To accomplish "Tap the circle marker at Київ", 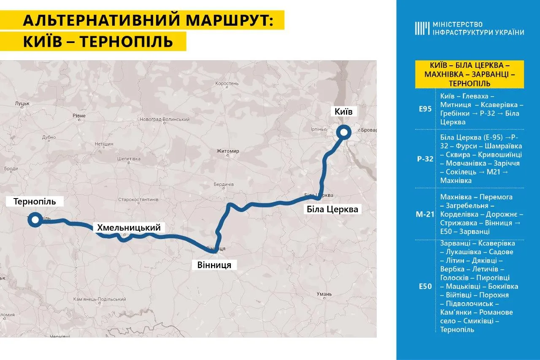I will pyautogui.click(x=343, y=132).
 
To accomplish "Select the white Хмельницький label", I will pyautogui.click(x=129, y=228).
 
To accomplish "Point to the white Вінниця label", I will pyautogui.click(x=214, y=265).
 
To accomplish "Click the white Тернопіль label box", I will pyautogui.click(x=35, y=201).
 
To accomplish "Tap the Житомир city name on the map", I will pyautogui.click(x=227, y=151).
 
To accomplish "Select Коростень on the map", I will pyautogui.click(x=227, y=83).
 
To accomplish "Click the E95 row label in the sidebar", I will pyautogui.click(x=425, y=109).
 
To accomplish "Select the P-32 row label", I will pyautogui.click(x=425, y=159).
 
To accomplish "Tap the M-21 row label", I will pyautogui.click(x=425, y=214).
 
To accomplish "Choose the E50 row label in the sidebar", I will pyautogui.click(x=425, y=287).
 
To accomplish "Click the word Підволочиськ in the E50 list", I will pyautogui.click(x=472, y=304).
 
